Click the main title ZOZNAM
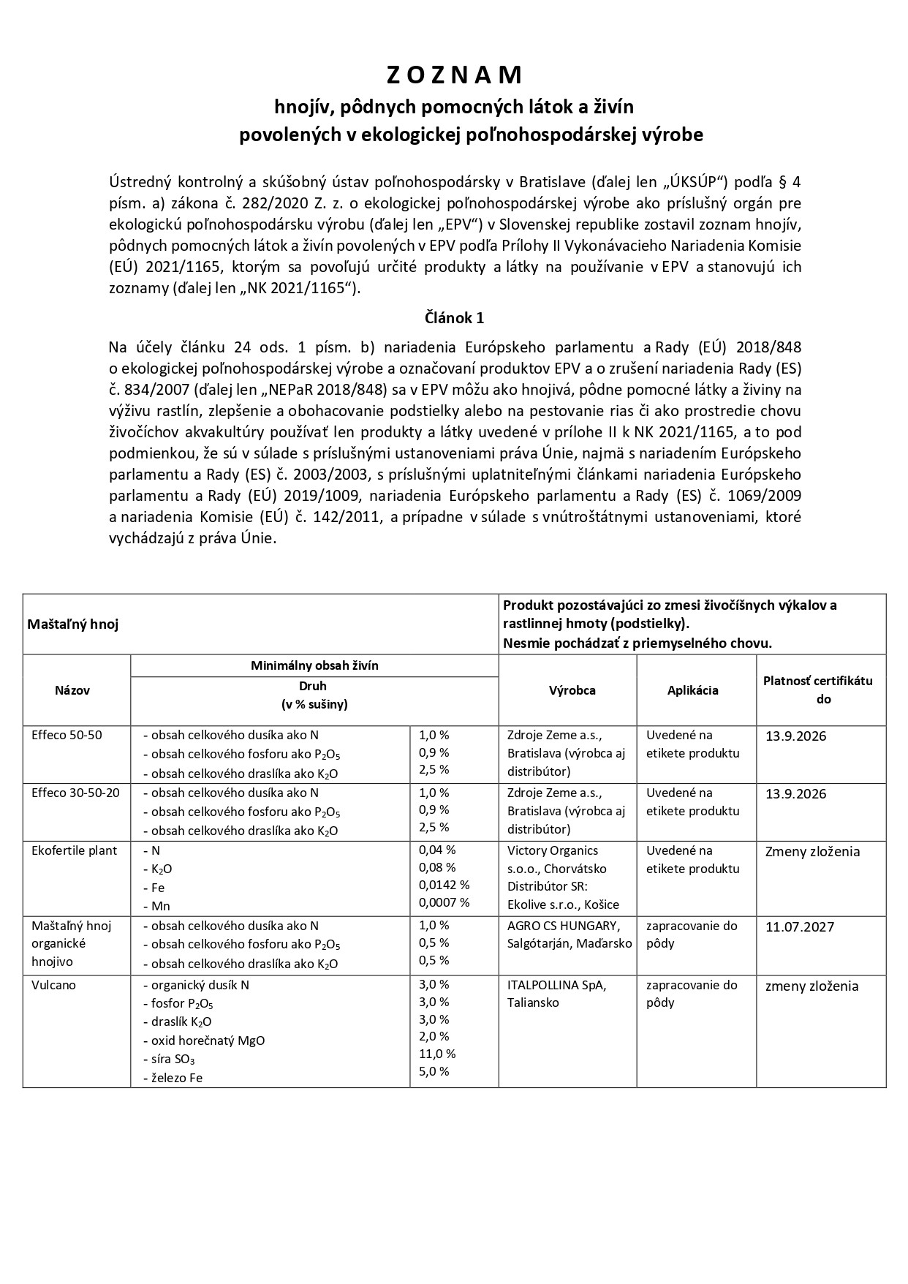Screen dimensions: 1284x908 pyautogui.click(x=454, y=75)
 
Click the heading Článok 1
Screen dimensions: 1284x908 pyautogui.click(x=454, y=318)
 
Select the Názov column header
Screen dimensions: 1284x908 pyautogui.click(x=72, y=690)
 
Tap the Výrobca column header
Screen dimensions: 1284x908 pyautogui.click(x=572, y=690)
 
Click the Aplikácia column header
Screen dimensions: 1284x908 pyautogui.click(x=692, y=690)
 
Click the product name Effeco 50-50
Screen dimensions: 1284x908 pyautogui.click(x=67, y=736)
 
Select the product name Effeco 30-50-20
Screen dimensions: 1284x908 pyautogui.click(x=75, y=793)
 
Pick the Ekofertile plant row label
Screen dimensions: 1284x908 pyautogui.click(x=74, y=850)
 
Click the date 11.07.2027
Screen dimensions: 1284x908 pyautogui.click(x=801, y=927)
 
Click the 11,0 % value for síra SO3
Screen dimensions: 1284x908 pyautogui.click(x=437, y=1054)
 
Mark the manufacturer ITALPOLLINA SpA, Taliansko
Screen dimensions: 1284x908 pyautogui.click(x=556, y=994)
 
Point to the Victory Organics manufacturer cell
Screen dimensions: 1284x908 pyautogui.click(x=562, y=877)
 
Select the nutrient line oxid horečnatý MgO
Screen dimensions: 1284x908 pyautogui.click(x=208, y=1041)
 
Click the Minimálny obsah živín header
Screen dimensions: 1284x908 pyautogui.click(x=314, y=665)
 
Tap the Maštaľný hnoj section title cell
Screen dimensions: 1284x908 pyautogui.click(x=73, y=624)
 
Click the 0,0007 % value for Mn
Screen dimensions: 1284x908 pyautogui.click(x=444, y=902)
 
